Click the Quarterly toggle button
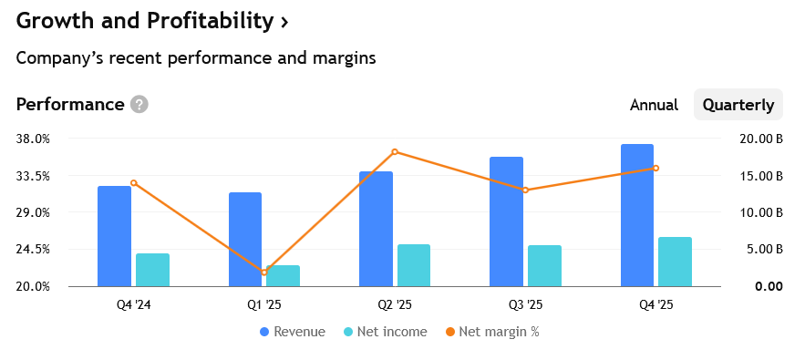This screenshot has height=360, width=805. click(738, 105)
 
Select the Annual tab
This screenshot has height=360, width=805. click(654, 105)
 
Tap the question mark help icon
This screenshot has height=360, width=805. click(139, 104)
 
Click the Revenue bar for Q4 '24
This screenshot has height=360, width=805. click(115, 236)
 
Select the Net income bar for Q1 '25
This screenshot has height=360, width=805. click(283, 276)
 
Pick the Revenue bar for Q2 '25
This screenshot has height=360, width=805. click(376, 229)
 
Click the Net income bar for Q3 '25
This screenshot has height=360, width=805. click(544, 266)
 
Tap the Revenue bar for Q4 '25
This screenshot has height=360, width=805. click(637, 215)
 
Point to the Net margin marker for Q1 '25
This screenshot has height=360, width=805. click(264, 273)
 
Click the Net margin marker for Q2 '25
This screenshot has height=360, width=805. click(395, 151)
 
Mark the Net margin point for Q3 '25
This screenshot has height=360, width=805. click(525, 190)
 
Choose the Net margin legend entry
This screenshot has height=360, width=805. click(492, 332)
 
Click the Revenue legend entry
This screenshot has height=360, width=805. click(293, 332)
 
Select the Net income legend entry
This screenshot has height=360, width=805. click(385, 332)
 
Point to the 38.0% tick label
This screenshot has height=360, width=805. click(33, 139)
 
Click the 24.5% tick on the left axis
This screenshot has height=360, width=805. click(33, 249)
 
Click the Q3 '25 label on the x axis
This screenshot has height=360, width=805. click(525, 304)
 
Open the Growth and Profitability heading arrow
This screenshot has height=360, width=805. click(284, 23)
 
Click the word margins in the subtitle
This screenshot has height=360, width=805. click(344, 58)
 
